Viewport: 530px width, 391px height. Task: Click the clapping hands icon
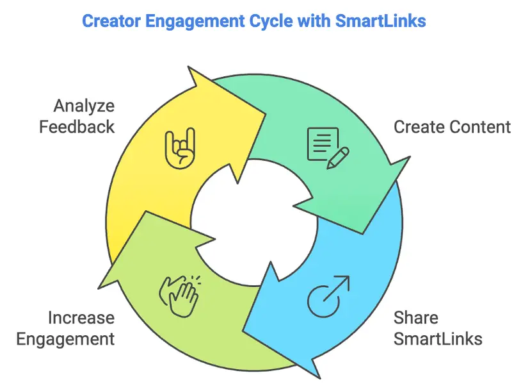point(179,292)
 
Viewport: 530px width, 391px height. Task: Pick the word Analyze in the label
point(84,105)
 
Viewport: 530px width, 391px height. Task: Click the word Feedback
point(77,126)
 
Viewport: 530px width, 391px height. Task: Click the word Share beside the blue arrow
point(416,317)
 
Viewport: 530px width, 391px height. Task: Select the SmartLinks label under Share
point(438,338)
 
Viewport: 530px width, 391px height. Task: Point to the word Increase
point(81,317)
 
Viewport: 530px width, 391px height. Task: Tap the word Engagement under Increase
point(65,338)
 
